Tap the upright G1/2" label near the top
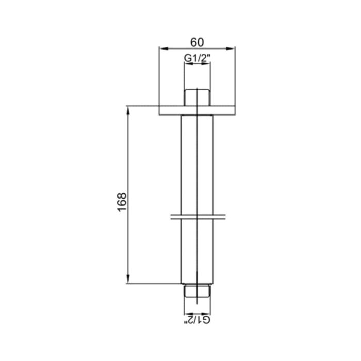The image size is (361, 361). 198,59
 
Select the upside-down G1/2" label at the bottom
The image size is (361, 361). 198,321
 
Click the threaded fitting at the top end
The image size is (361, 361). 198,97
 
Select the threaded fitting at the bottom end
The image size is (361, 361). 198,292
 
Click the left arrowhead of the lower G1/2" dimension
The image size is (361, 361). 187,313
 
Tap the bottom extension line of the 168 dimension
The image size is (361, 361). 155,283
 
